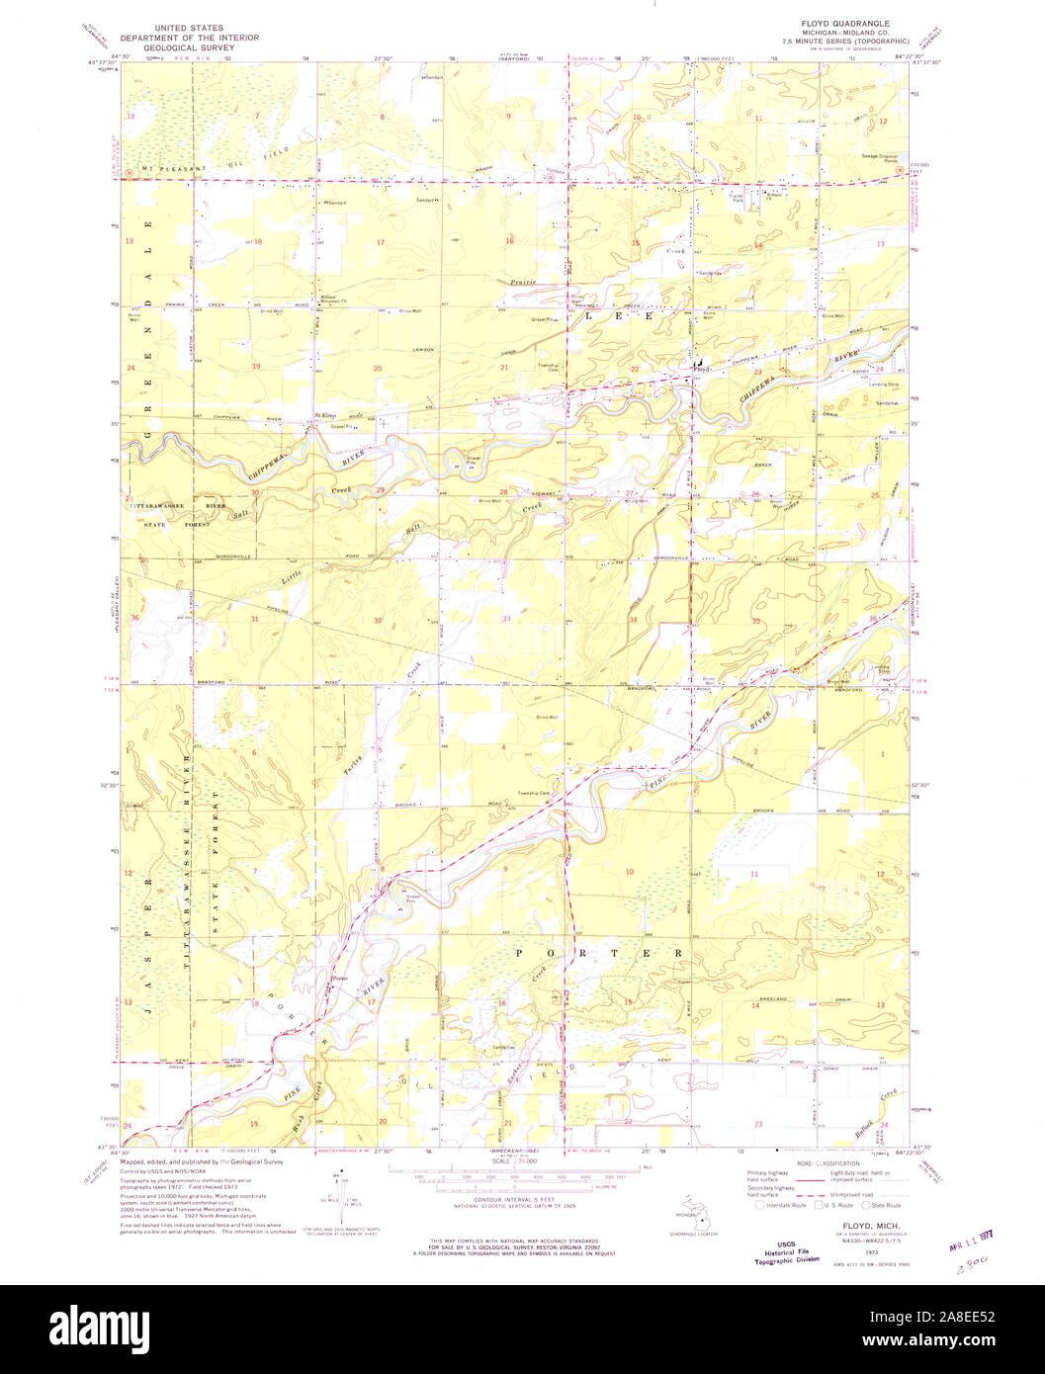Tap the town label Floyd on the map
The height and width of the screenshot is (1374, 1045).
click(702, 369)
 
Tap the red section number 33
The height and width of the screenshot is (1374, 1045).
click(506, 618)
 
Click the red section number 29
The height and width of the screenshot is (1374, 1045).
click(380, 490)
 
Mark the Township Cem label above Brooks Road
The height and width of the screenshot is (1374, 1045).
click(533, 793)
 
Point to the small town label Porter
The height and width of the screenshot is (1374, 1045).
click(339, 979)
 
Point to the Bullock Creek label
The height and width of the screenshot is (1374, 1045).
click(865, 1107)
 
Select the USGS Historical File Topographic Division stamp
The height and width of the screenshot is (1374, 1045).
click(786, 1252)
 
